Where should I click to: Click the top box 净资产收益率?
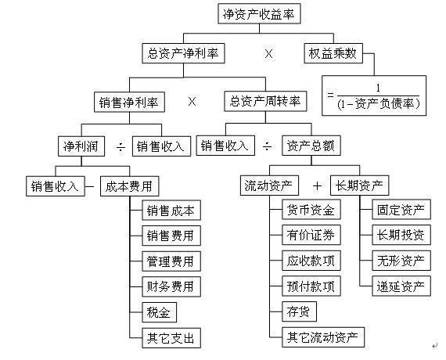tap(257, 14)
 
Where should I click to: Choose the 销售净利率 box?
tap(128, 101)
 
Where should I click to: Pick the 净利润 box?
tap(81, 146)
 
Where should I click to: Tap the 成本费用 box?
tap(130, 186)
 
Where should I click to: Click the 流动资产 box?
tap(268, 186)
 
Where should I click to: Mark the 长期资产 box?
tap(359, 186)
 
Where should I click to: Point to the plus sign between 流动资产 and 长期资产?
tap(317, 186)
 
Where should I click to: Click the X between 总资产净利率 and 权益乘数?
tap(269, 54)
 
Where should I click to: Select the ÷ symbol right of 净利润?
tap(120, 146)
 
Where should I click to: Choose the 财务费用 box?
tap(170, 286)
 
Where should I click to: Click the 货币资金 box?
tap(311, 210)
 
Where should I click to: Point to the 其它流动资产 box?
tap(323, 337)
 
